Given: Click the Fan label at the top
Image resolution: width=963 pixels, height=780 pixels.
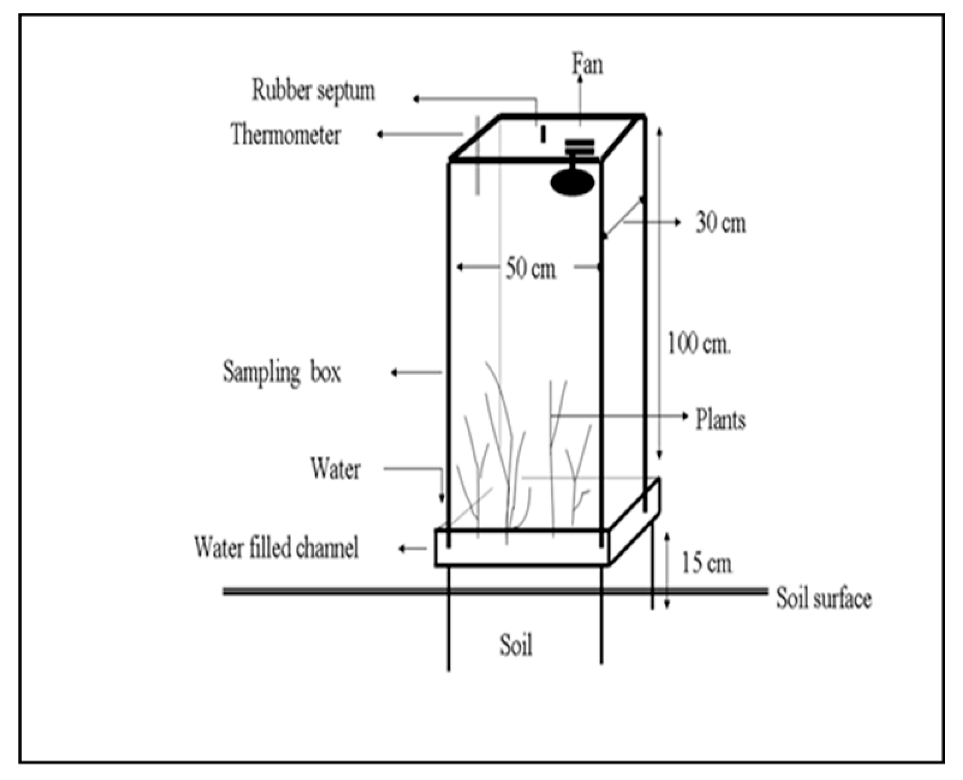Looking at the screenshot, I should point(587,65).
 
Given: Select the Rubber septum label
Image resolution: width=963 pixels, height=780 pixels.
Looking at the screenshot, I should point(313,90).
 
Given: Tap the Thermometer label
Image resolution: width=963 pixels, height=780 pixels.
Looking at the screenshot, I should point(286,134).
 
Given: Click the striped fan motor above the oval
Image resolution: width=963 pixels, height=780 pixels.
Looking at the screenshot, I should point(579,147).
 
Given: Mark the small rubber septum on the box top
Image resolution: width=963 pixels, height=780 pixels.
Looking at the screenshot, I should point(543,134).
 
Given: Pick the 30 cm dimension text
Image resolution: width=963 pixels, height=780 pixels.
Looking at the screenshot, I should point(721,223).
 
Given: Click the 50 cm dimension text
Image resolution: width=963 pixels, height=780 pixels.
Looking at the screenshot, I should point(530,269).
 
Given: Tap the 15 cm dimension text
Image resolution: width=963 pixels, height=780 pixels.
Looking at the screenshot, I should point(706,563).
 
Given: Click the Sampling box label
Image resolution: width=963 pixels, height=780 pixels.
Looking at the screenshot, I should point(282,372).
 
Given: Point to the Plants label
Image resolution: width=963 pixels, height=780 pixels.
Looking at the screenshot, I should point(721,419).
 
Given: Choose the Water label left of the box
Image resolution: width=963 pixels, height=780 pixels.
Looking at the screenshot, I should point(335,469).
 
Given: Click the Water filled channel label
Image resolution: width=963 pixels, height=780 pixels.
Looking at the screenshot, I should point(276,548).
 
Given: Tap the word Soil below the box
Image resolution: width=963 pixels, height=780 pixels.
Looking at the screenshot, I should point(516,646).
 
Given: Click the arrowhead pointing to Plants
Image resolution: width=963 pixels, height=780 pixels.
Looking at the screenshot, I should point(685,416).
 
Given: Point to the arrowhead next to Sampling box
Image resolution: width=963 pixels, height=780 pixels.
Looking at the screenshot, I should point(394,372).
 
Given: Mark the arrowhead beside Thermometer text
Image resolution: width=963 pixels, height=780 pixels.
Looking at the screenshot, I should point(380,134).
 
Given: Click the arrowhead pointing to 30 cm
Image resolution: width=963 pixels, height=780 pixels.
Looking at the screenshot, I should point(678,222).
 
